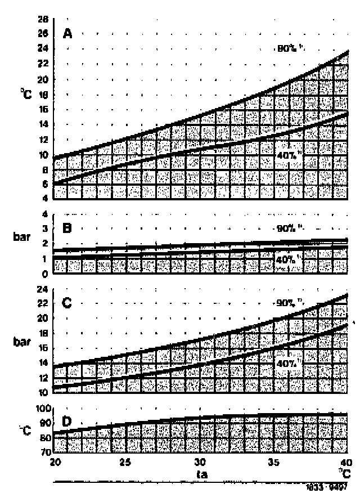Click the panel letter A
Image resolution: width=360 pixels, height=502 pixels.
click(67, 33)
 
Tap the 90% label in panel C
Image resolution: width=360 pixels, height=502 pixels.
click(286, 303)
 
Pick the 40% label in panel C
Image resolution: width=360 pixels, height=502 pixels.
click(286, 364)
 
